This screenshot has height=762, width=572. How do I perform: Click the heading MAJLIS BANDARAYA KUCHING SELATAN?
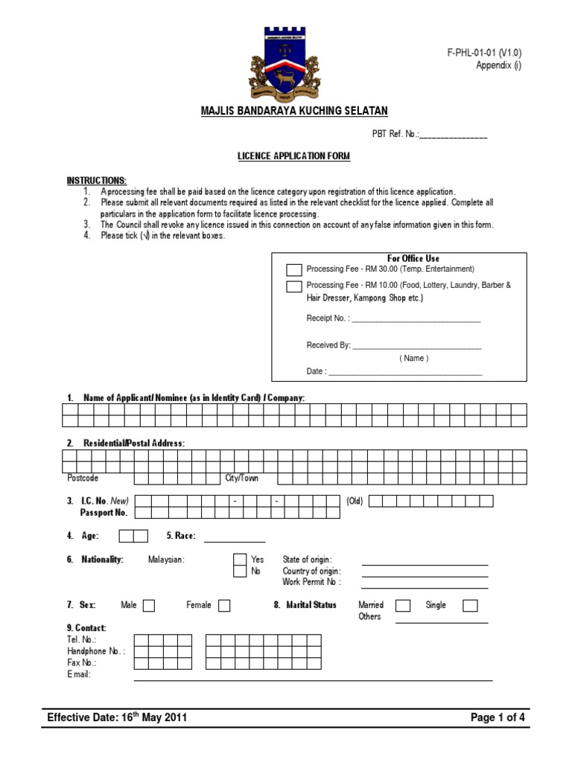click(294, 111)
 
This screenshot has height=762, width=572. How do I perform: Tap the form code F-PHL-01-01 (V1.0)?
click(484, 53)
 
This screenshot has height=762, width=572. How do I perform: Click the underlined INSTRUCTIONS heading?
click(97, 181)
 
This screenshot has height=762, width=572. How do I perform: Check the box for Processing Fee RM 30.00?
click(294, 269)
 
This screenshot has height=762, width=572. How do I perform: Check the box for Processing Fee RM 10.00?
click(294, 286)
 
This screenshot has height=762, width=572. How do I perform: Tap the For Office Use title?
click(413, 258)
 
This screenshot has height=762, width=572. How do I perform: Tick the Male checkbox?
click(149, 606)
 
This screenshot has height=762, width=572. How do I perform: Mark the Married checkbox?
click(403, 606)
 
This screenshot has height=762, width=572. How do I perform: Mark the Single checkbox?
click(470, 606)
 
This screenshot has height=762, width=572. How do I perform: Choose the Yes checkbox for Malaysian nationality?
click(239, 560)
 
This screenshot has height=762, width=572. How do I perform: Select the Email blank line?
click(313, 679)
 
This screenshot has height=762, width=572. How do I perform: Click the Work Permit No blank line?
click(425, 587)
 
